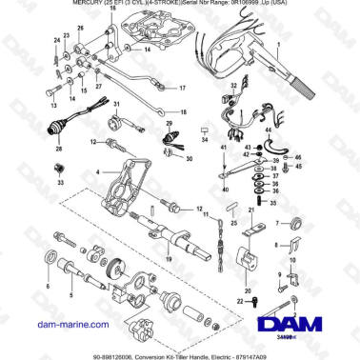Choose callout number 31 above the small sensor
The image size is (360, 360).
pyautogui.click(x=115, y=103)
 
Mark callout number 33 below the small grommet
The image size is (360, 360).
pyautogui.click(x=60, y=181)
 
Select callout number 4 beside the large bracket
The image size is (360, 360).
pyautogui.click(x=95, y=172)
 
